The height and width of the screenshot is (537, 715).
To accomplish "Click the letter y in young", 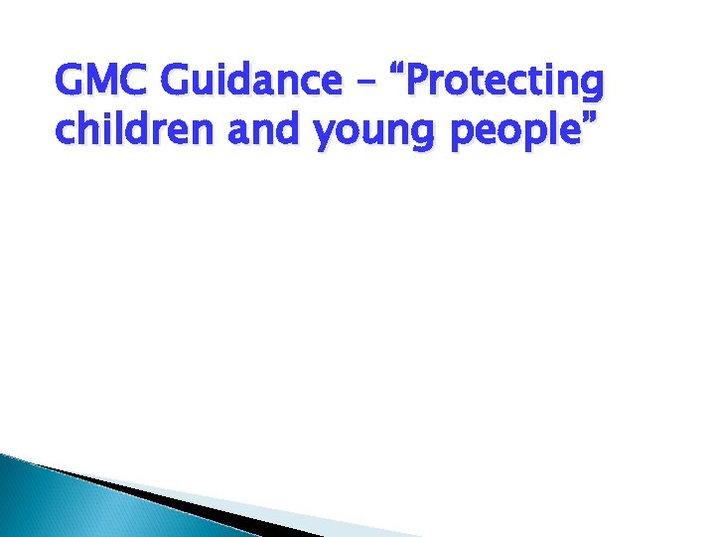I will point(325,135).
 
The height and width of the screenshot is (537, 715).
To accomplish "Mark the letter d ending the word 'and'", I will point(291,129).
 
